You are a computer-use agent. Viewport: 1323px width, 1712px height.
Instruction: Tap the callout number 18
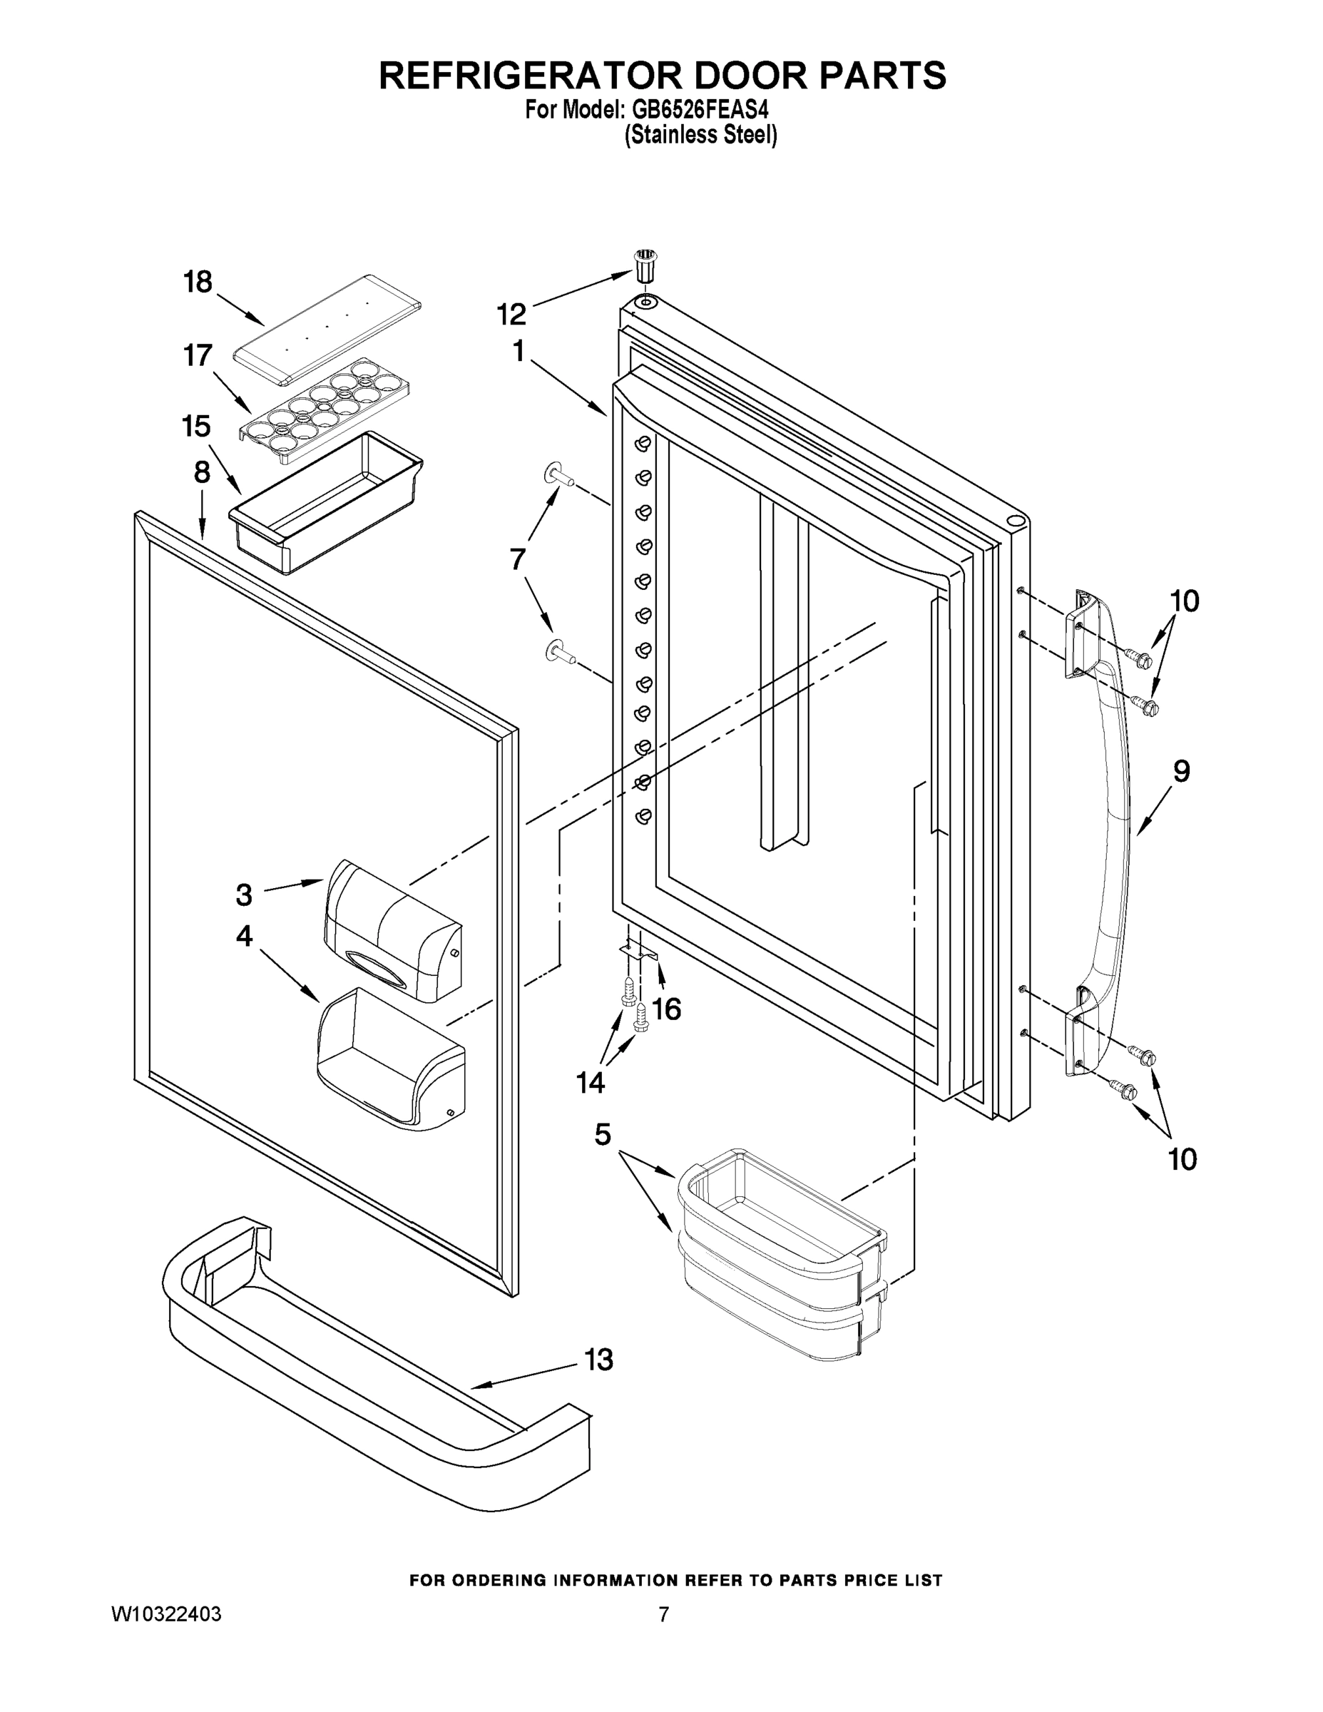[x=198, y=282]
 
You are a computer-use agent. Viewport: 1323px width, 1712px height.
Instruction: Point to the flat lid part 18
[x=327, y=330]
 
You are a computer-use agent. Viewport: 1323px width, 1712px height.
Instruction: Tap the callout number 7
[x=518, y=560]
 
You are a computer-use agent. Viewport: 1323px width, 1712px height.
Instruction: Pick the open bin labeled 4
[x=389, y=1059]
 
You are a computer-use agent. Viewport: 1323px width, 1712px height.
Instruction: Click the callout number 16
[x=666, y=1009]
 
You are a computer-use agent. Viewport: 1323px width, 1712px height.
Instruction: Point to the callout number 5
[x=602, y=1133]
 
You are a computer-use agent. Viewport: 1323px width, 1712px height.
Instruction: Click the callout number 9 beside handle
[x=1181, y=771]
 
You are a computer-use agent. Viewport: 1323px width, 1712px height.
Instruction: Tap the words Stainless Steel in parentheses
[x=700, y=136]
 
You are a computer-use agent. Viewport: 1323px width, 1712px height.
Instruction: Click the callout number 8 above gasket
[x=201, y=473]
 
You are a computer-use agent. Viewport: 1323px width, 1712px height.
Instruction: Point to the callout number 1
[x=518, y=352]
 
